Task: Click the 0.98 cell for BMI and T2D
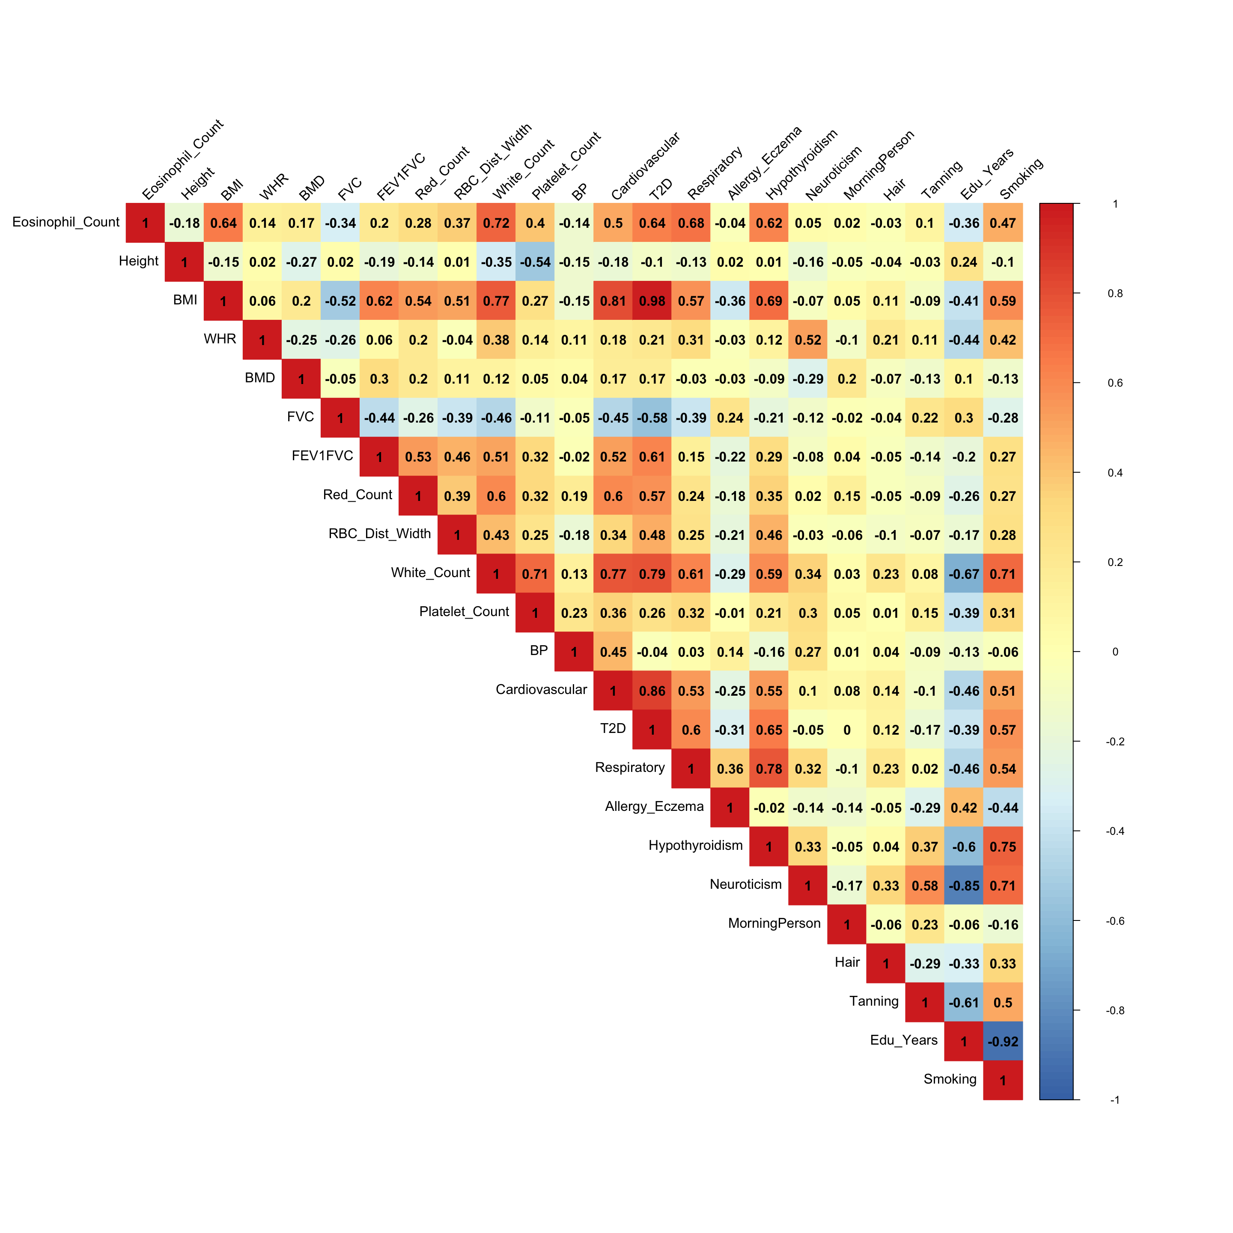[x=652, y=301]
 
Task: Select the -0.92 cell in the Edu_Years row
[x=1003, y=1042]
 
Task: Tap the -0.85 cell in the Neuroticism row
[x=964, y=886]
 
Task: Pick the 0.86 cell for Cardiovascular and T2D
[x=652, y=691]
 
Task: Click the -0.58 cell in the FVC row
[x=652, y=418]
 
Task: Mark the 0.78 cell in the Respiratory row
[x=769, y=769]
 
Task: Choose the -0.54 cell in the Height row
[x=535, y=262]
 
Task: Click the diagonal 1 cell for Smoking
[x=1003, y=1081]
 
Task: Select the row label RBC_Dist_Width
[x=380, y=533]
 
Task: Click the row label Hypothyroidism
[x=696, y=846]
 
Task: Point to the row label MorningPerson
[x=774, y=923]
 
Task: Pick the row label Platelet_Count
[x=464, y=611]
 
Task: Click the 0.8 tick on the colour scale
[x=1115, y=294]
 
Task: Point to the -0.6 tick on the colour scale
[x=1115, y=921]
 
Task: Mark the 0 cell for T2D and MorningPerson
[x=847, y=730]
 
